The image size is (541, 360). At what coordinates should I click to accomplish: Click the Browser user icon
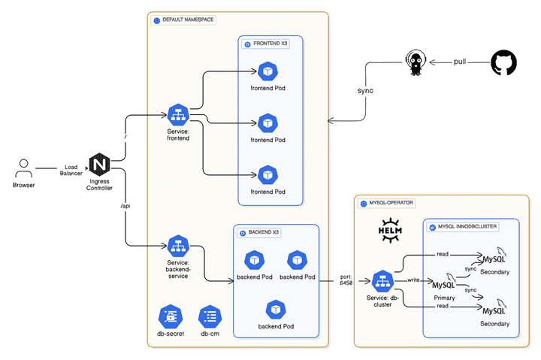point(24,167)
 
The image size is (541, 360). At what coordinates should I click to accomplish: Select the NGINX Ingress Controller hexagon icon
point(100,165)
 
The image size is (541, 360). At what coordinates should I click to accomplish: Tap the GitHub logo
point(503,62)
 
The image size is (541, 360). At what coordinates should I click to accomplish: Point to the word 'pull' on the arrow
point(460,62)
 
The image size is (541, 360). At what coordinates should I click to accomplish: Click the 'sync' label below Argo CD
point(365,90)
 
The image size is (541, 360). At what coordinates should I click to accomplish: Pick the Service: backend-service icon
point(178,246)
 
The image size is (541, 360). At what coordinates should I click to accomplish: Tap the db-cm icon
point(209,316)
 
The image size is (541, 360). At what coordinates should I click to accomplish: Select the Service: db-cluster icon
point(382,281)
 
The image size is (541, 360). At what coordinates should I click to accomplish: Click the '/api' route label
point(125,205)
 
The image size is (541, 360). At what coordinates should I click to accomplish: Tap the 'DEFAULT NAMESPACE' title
point(188,20)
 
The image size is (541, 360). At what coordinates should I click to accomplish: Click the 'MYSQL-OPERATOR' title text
point(391,203)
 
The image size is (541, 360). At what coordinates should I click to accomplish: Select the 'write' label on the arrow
point(413,280)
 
